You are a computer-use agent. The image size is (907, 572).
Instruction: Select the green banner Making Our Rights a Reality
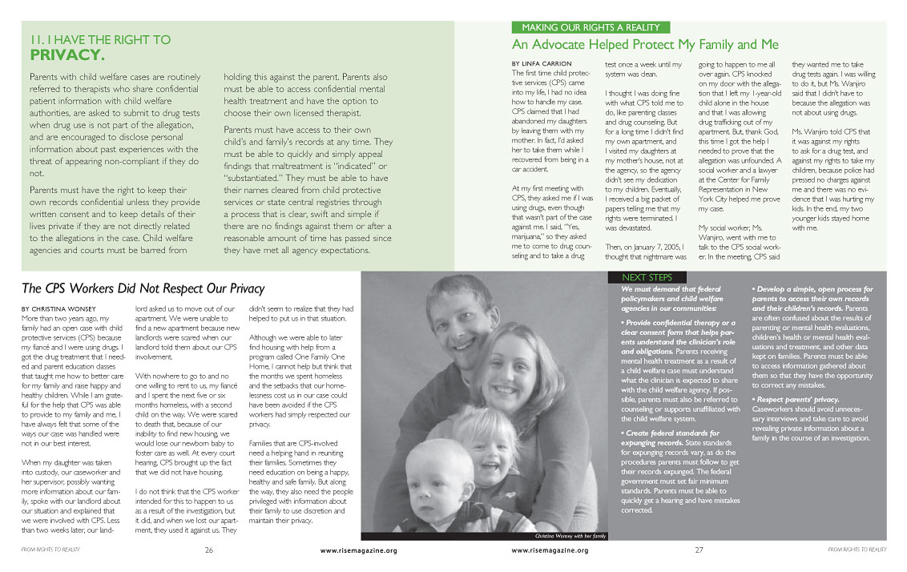591,27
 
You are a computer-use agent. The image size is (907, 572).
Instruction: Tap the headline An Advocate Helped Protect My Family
645,44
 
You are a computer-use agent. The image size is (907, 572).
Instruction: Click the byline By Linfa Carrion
542,63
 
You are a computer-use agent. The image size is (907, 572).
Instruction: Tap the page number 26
208,550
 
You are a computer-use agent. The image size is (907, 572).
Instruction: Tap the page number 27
699,550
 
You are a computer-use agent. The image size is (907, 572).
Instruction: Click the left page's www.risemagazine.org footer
358,551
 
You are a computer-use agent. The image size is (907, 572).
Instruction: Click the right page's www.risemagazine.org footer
549,551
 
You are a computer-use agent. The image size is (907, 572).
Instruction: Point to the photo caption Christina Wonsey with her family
570,535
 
